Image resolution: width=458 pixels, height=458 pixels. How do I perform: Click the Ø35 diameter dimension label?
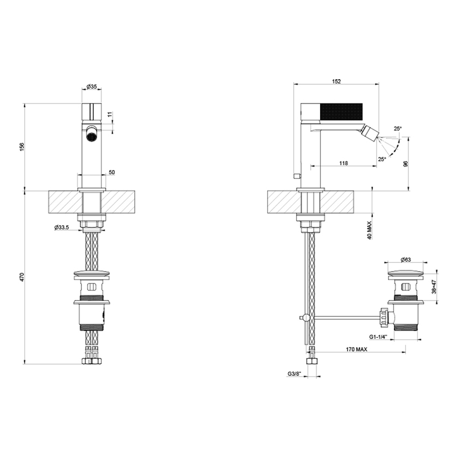pyautogui.click(x=91, y=86)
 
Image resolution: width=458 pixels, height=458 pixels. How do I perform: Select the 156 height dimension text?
pyautogui.click(x=22, y=147)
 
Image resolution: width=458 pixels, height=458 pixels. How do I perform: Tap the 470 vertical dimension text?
pyautogui.click(x=22, y=277)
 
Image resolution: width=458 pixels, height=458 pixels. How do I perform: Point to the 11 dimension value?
pyautogui.click(x=109, y=115)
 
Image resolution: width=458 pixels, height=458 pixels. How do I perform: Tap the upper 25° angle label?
pyautogui.click(x=397, y=129)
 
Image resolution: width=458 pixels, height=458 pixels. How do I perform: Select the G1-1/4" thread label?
pyautogui.click(x=379, y=337)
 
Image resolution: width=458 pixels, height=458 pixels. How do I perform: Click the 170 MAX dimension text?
pyautogui.click(x=358, y=350)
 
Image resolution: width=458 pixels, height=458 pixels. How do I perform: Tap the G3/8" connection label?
pyautogui.click(x=294, y=373)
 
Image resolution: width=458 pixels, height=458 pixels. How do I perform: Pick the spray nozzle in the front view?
pyautogui.click(x=92, y=134)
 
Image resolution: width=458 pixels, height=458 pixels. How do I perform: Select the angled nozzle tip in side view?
pyautogui.click(x=371, y=132)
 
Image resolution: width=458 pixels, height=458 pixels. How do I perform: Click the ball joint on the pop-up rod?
pyautogui.click(x=306, y=318)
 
